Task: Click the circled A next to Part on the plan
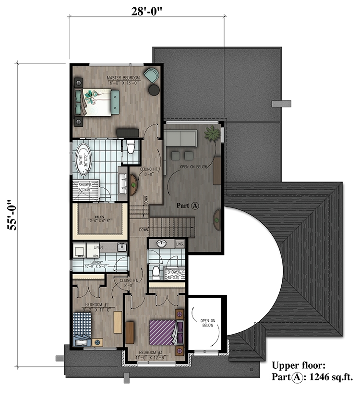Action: point(195,205)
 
